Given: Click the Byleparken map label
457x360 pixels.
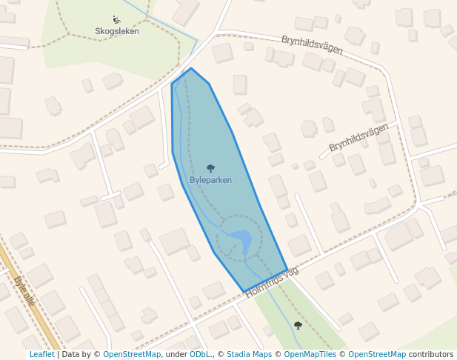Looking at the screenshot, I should point(210,180).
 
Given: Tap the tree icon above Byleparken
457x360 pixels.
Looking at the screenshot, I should point(210,169).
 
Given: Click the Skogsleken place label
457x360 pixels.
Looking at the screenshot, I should point(117,31).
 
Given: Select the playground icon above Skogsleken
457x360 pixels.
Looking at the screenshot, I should point(117,20).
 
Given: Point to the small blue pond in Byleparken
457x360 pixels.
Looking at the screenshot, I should point(242,239).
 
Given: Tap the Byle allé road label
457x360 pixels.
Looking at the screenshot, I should point(24,290).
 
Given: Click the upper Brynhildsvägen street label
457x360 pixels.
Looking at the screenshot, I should point(312,44).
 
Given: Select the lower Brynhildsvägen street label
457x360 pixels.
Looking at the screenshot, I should point(358,137).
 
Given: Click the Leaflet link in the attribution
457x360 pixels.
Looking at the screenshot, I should point(41,355).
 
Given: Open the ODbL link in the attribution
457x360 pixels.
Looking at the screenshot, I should point(201,355).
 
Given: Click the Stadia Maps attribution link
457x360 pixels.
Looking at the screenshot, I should point(250,355).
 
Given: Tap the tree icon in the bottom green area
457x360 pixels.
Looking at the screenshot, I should point(298,325).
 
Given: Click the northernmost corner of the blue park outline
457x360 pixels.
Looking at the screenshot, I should point(191,69).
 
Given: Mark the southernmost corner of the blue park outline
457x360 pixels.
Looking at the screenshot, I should point(242,291).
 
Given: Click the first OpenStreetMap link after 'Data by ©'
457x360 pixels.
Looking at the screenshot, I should point(132,355).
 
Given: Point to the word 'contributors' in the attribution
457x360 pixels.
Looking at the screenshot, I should point(431,355).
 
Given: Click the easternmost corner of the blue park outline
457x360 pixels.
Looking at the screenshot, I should point(287,270).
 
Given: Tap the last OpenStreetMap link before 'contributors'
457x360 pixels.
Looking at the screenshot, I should point(376,355).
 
